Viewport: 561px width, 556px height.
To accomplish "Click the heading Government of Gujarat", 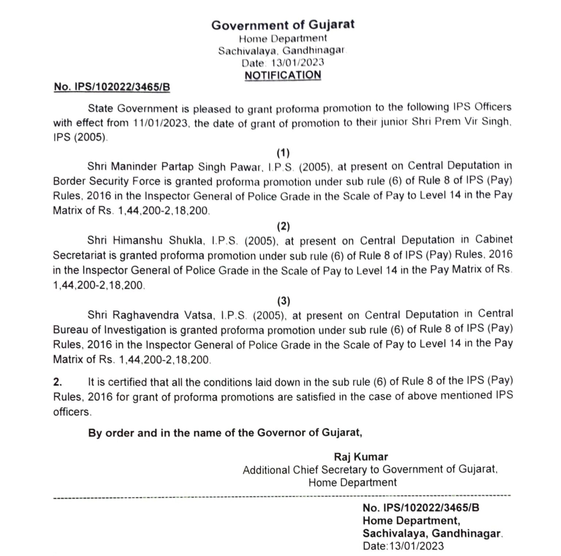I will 283,25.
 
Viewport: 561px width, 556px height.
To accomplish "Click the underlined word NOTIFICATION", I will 283,75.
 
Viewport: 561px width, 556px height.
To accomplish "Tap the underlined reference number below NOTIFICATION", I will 112,87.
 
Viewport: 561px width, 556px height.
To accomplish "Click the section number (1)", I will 283,152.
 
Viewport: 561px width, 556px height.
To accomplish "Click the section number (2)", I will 283,227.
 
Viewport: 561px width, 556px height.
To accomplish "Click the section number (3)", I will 283,301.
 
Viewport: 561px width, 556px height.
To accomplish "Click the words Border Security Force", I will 107,181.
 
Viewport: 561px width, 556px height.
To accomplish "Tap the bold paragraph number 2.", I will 57,382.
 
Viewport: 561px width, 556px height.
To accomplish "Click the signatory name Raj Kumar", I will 361,457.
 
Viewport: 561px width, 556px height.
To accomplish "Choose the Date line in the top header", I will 283,62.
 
